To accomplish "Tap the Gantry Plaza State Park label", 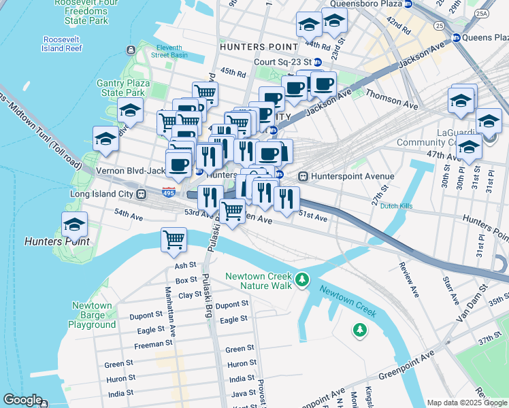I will click(x=123, y=88).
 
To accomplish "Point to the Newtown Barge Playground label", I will click(x=93, y=315).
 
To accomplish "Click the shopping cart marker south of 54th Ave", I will click(x=174, y=239).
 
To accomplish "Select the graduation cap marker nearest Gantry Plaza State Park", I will click(x=130, y=111).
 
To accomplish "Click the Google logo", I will click(x=22, y=400).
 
